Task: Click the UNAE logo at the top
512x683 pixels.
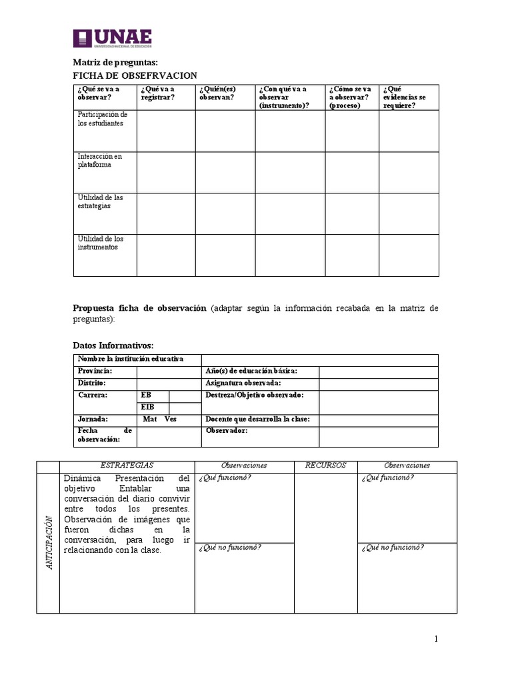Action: tap(113, 38)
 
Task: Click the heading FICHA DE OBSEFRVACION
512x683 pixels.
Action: tap(135, 75)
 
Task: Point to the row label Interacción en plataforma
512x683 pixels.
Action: tap(99, 160)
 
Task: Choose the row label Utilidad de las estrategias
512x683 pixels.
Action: tap(100, 201)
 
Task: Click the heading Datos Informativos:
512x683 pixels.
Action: tap(113, 345)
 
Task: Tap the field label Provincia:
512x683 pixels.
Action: tap(95, 371)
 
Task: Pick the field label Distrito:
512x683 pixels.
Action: tap(91, 384)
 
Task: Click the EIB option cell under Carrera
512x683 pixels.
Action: tap(147, 408)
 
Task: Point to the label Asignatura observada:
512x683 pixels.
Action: tap(243, 384)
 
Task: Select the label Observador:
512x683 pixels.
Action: tap(227, 431)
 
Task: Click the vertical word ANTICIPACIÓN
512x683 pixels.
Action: tap(48, 542)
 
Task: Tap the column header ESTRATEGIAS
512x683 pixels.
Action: tap(127, 466)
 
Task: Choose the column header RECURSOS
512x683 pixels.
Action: tap(325, 466)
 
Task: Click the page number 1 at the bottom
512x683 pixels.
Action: tap(436, 640)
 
